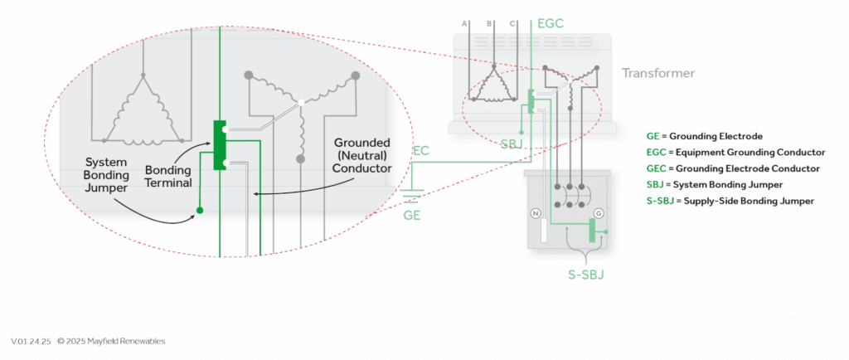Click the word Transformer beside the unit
[x=657, y=73]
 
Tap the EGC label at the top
[x=551, y=23]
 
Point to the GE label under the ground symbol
[x=411, y=214]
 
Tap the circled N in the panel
[x=536, y=213]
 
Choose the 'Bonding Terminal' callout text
[x=168, y=175]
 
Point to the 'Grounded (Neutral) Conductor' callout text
[x=361, y=155]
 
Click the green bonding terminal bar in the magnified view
[x=219, y=145]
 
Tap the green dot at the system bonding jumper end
[x=199, y=210]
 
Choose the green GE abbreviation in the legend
[x=652, y=135]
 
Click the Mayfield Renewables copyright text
[x=111, y=341]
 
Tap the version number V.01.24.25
[x=32, y=341]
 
